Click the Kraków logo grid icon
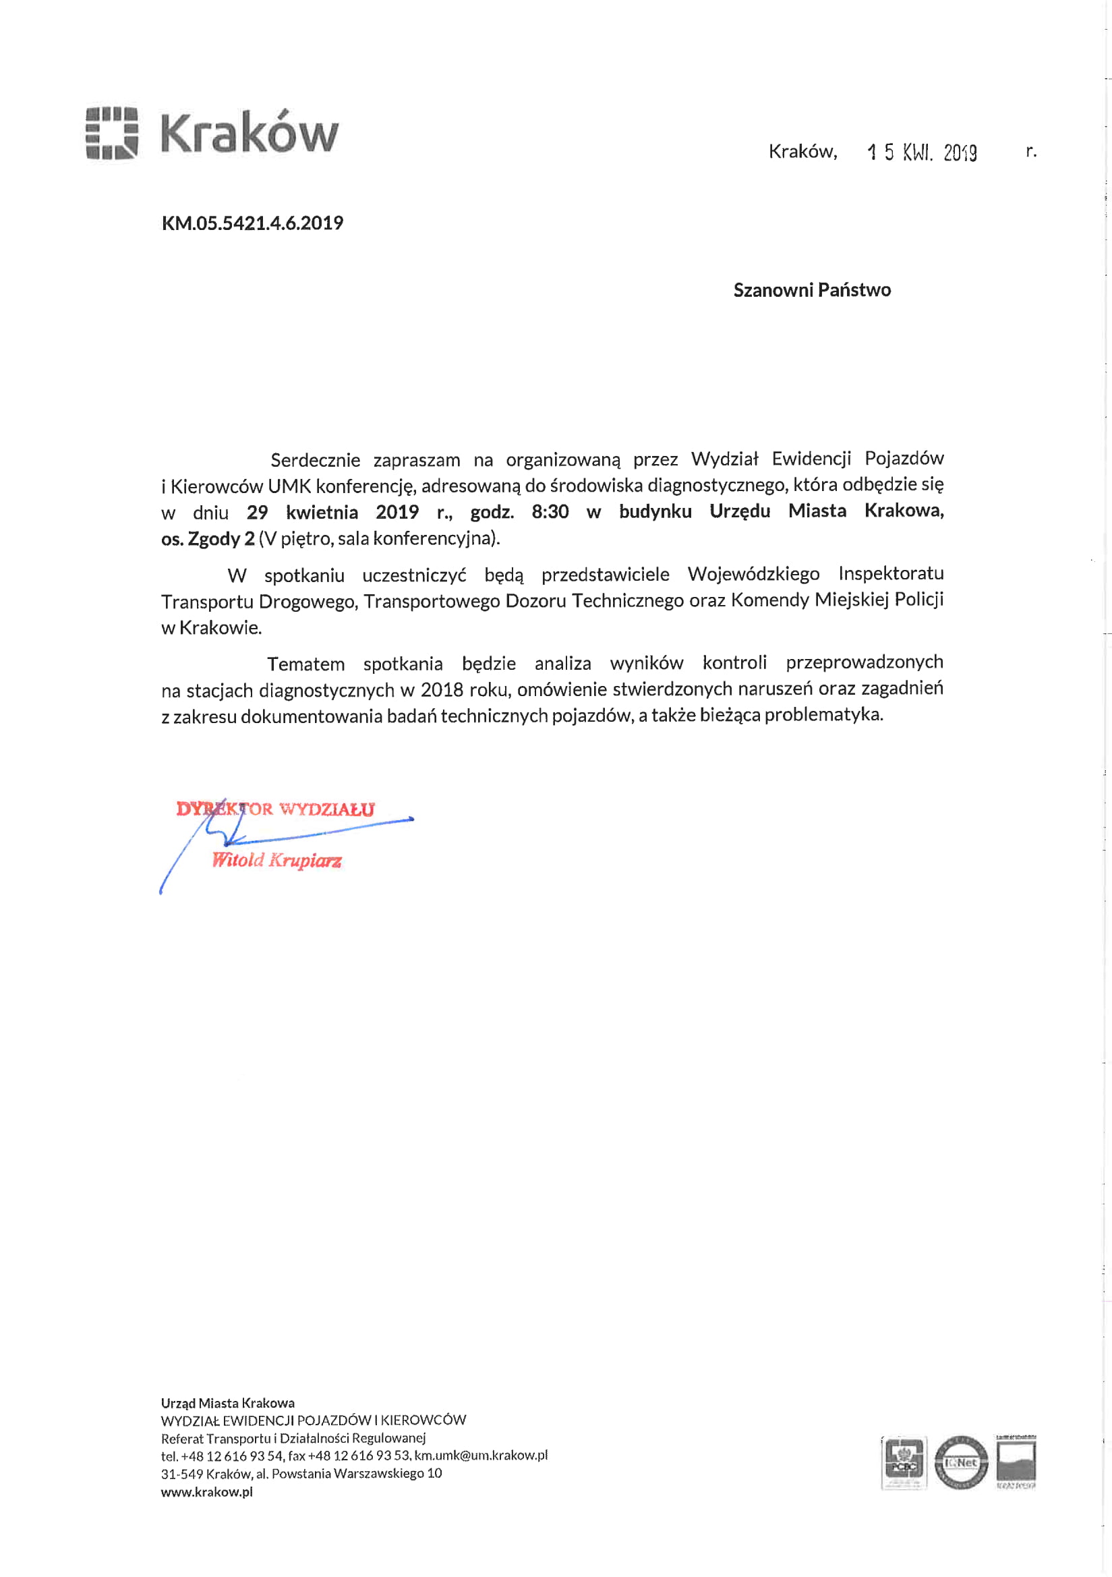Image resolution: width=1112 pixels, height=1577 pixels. click(x=112, y=133)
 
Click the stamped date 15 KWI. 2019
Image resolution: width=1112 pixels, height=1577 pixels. click(x=922, y=152)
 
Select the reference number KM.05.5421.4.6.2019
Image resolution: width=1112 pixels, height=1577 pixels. click(x=252, y=223)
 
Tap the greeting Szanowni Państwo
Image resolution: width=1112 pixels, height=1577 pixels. click(x=812, y=290)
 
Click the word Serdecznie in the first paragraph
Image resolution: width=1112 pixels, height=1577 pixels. click(x=316, y=459)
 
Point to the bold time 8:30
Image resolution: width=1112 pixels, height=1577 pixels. click(x=550, y=513)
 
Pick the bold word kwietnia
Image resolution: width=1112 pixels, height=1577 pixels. click(x=322, y=513)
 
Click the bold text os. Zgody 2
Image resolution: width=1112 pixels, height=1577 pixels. click(x=208, y=539)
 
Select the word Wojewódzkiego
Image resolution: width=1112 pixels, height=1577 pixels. click(x=753, y=573)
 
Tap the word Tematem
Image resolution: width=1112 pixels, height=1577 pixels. click(x=305, y=664)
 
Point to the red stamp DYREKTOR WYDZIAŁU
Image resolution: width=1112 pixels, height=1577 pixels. click(x=275, y=809)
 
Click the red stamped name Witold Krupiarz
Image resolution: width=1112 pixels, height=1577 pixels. click(x=276, y=860)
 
